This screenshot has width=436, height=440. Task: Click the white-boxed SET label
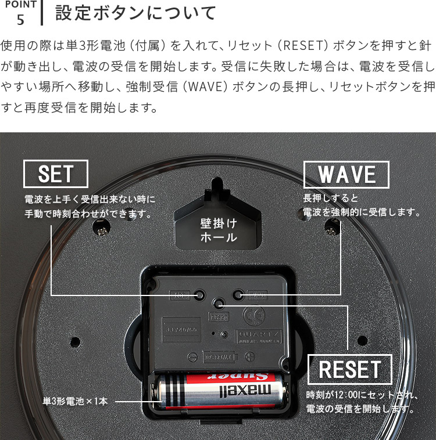pos(55,174)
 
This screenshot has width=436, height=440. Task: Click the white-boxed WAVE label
pos(346,174)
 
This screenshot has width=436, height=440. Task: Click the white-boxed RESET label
pos(349,369)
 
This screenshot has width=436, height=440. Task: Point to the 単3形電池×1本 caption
pos(75,401)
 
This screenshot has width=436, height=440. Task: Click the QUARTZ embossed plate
pos(259,336)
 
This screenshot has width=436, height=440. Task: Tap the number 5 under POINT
pos(21,20)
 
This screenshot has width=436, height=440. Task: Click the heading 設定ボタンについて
pos(135,13)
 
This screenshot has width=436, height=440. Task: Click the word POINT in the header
pos(20,5)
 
